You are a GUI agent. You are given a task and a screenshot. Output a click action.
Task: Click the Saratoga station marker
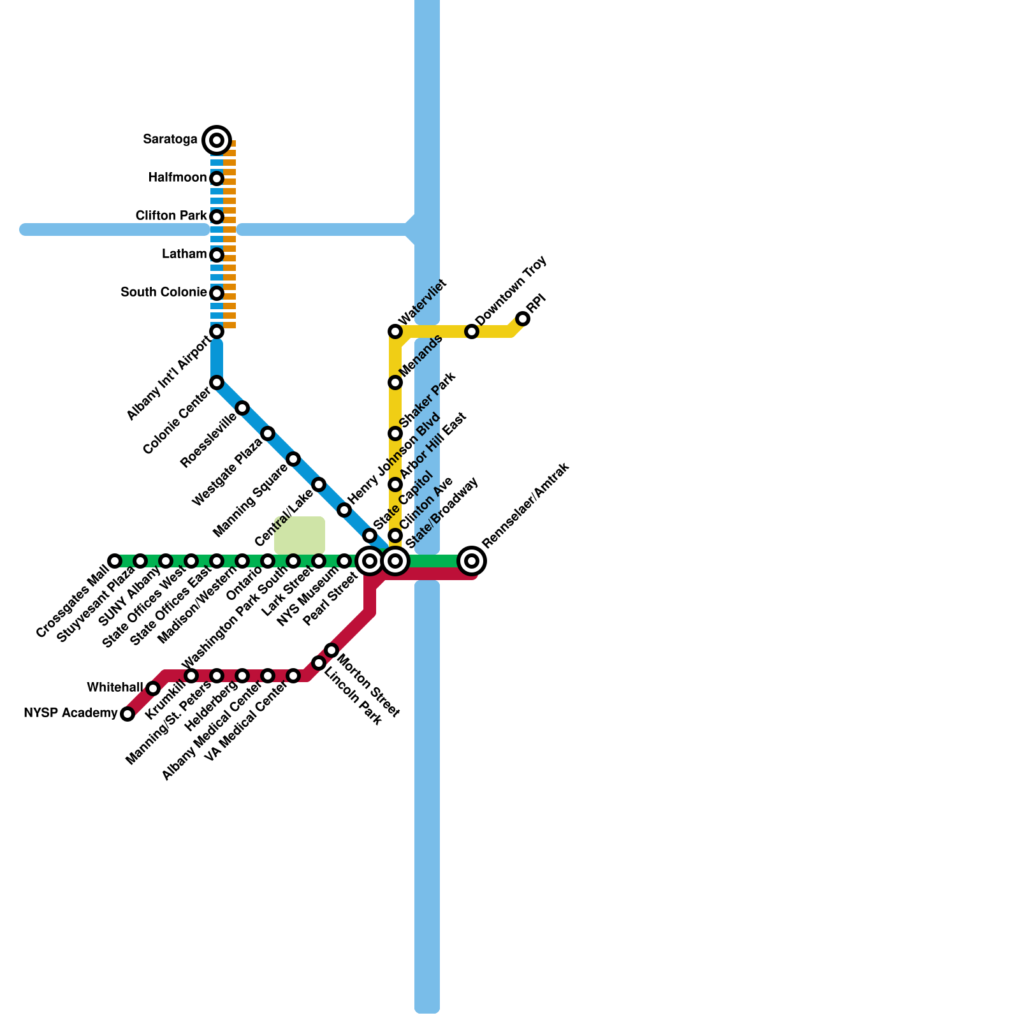[217, 140]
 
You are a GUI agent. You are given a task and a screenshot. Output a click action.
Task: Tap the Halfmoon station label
[177, 178]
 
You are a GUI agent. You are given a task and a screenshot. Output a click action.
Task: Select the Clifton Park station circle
[217, 217]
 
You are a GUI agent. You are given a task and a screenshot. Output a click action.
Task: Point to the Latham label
[184, 254]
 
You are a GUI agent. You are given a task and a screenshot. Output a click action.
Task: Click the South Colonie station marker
[217, 293]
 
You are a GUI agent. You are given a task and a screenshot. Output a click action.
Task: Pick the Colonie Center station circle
[217, 382]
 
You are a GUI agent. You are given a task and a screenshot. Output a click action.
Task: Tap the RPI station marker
[523, 319]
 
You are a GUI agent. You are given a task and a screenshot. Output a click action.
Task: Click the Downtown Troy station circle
[472, 331]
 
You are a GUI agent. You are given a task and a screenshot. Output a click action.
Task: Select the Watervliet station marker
[395, 331]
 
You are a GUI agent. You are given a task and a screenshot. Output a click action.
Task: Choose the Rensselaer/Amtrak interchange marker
[472, 561]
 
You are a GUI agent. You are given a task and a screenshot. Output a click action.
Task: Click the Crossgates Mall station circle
[115, 561]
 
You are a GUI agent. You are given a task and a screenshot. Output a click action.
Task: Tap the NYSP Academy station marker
[127, 714]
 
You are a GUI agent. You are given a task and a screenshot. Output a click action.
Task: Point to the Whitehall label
[115, 688]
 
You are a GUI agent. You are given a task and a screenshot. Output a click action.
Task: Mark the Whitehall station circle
[153, 688]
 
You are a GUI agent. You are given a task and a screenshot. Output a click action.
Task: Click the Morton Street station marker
[331, 650]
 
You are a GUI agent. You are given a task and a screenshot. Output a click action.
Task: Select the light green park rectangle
[300, 535]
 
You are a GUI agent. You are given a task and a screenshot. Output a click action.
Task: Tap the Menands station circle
[395, 382]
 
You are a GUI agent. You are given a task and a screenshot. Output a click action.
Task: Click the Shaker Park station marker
[395, 433]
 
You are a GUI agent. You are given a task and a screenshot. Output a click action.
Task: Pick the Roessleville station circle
[242, 408]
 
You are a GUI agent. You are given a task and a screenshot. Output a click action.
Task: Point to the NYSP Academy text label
[70, 713]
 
